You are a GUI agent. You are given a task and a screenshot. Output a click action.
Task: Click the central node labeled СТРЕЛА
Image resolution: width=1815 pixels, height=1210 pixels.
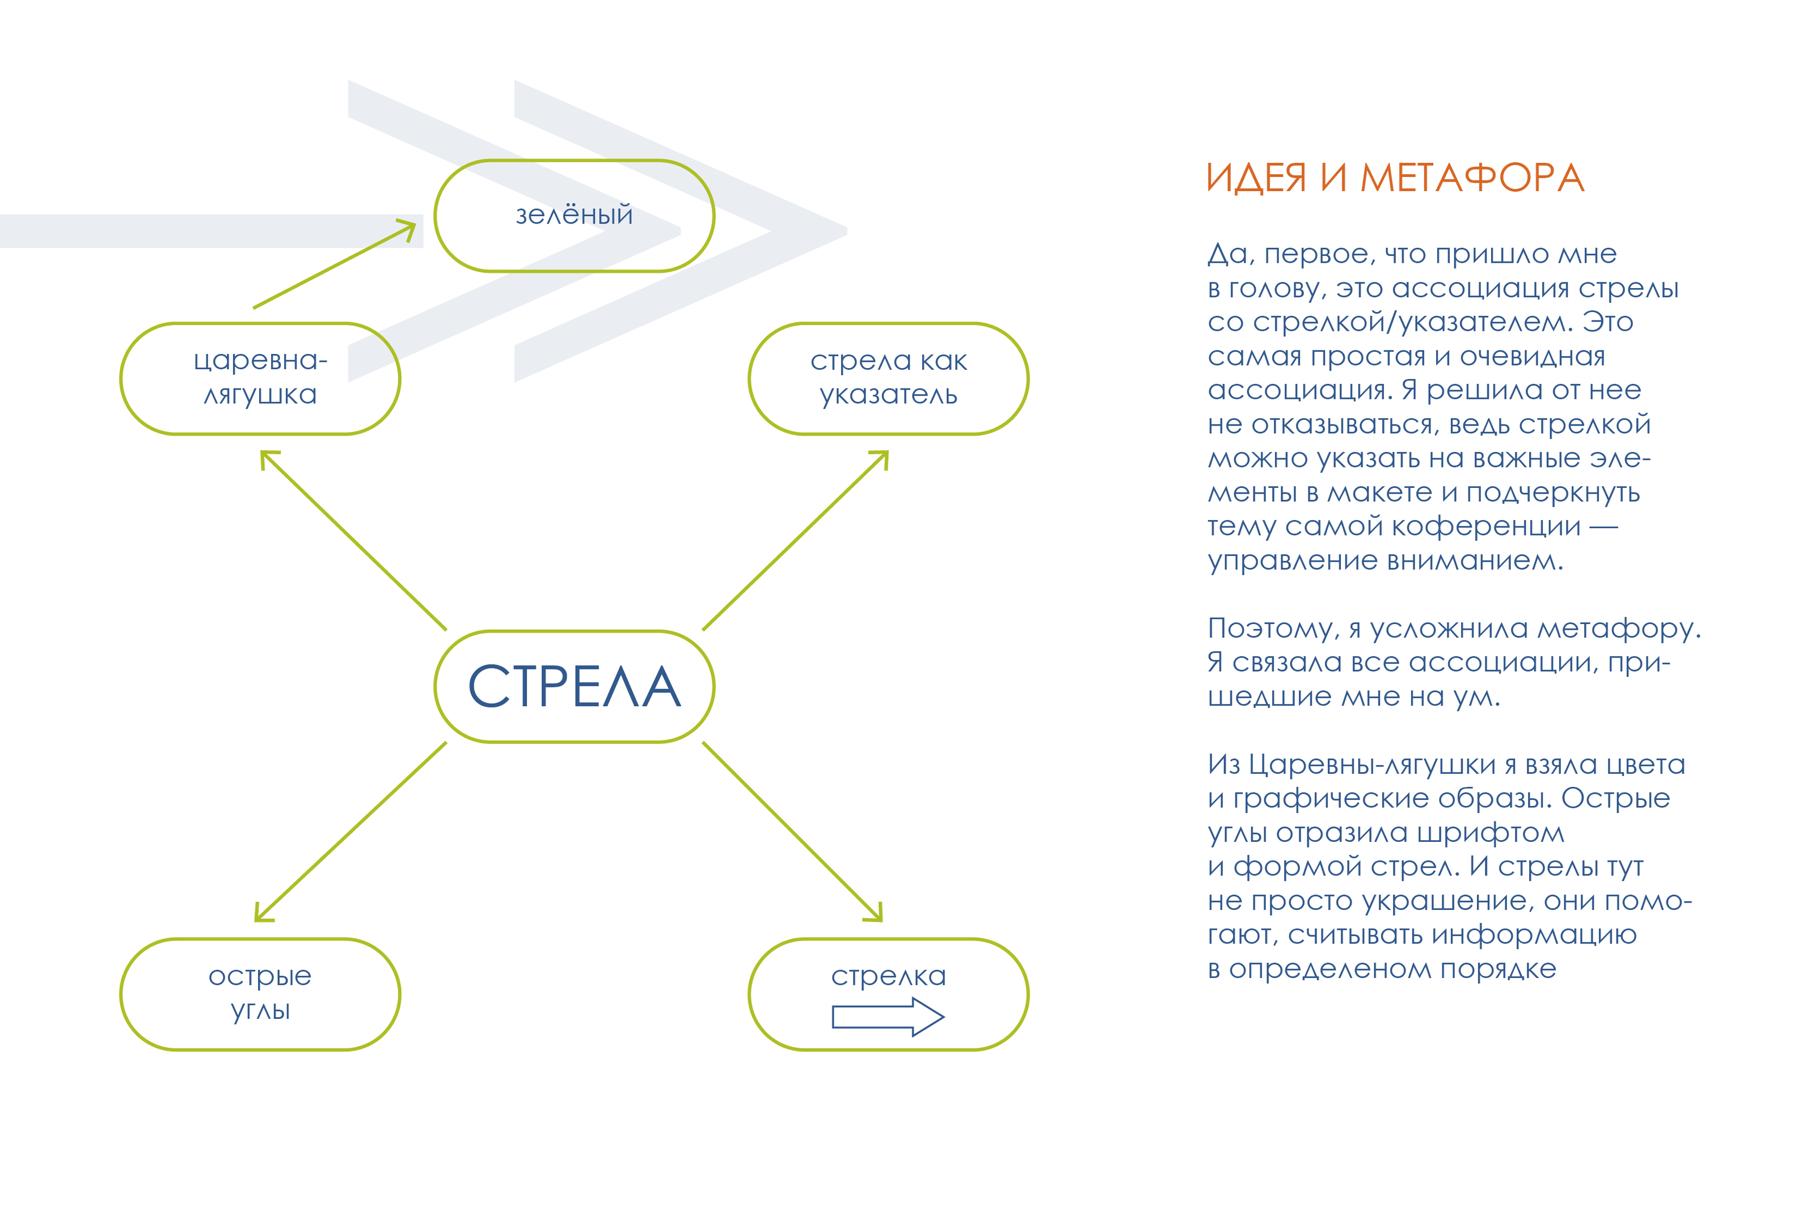point(574,686)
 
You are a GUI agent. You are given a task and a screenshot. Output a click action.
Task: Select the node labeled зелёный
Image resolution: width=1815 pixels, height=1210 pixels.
point(574,216)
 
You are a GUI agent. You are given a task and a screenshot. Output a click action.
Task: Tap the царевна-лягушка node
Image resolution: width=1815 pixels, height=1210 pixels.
point(260,378)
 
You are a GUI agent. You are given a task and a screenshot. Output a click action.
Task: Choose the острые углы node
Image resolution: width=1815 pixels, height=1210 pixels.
point(260,994)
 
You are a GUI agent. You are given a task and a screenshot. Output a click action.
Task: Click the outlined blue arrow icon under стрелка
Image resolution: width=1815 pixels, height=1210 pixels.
point(887,1017)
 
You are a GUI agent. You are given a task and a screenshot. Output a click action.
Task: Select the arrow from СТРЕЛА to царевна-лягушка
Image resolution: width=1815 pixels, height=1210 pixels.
point(353,540)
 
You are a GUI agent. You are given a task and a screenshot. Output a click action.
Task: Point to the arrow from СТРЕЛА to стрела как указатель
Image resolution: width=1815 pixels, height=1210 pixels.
point(795,540)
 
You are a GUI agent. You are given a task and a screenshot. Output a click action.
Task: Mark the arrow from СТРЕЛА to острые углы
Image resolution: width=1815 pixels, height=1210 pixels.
point(351,831)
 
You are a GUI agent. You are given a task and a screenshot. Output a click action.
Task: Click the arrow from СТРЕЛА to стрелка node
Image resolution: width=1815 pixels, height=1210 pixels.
point(792,831)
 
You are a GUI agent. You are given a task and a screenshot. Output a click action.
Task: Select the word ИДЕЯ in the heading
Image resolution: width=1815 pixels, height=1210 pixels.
point(1256,178)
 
